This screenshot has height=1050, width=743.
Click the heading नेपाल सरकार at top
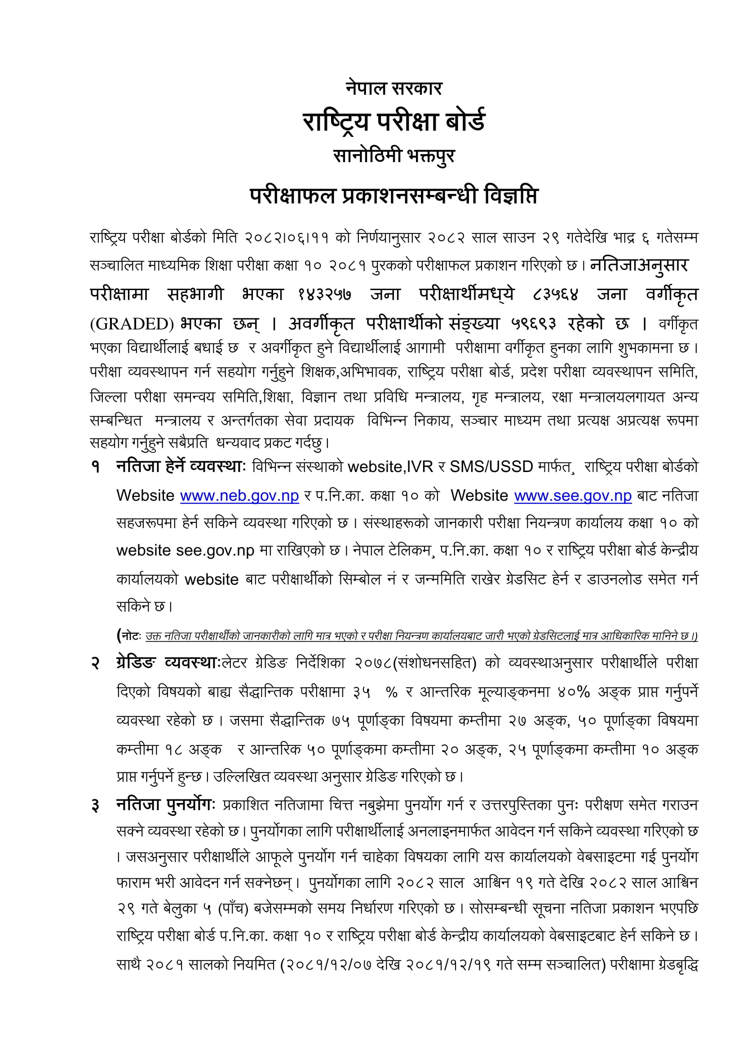coord(394,88)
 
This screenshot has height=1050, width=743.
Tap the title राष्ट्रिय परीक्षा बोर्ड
coord(394,121)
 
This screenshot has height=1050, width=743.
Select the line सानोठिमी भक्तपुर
coord(394,156)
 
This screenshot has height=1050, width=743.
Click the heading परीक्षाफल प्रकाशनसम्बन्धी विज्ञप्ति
coord(394,196)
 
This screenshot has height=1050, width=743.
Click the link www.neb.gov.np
coord(239,496)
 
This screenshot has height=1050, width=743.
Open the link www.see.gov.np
coord(572,496)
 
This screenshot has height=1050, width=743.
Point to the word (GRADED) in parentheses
coord(132,324)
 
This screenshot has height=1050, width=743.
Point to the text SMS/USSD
coord(491,467)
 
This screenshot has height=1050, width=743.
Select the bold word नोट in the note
coord(130,636)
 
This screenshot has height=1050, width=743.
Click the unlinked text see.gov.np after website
coord(215,551)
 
